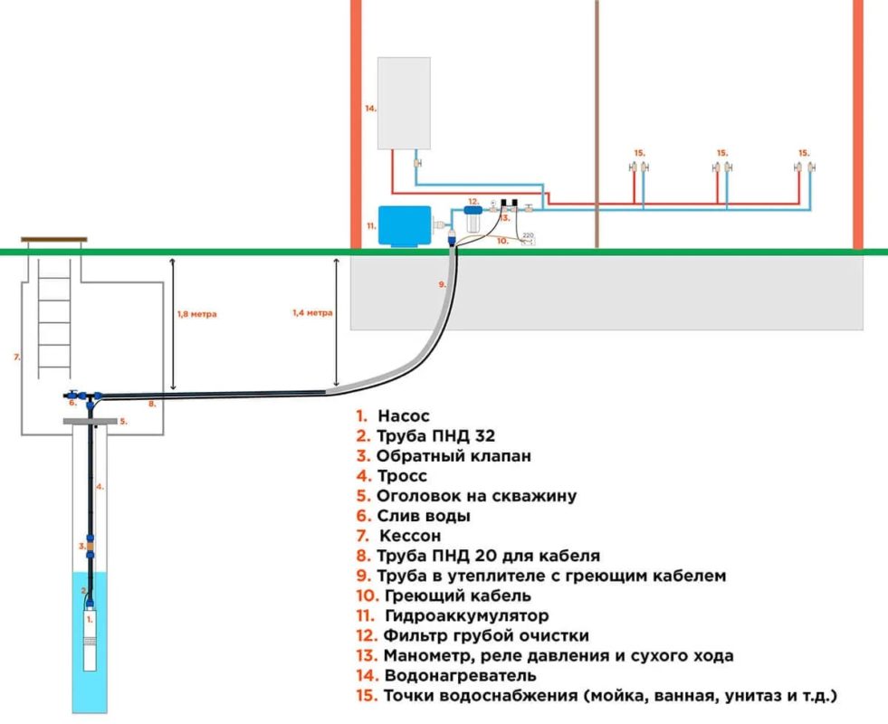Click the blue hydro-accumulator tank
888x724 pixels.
tap(404, 226)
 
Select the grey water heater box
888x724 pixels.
tap(404, 103)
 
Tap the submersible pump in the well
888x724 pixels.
tap(90, 640)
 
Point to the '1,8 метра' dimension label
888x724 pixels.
tap(196, 314)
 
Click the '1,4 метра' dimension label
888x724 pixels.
tap(312, 312)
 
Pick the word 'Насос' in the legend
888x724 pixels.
tap(404, 416)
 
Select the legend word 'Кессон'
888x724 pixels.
tap(410, 536)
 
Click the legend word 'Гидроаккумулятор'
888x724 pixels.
tap(467, 615)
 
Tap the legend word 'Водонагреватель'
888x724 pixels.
tap(460, 675)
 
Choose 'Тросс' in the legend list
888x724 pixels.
tap(402, 476)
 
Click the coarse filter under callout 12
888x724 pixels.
tap(473, 218)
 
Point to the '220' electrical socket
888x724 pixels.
tap(528, 238)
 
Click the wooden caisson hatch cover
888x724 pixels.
tap(53, 240)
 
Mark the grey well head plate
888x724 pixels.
tap(90, 421)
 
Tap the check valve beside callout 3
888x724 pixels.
tap(90, 547)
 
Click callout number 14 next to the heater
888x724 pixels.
tap(370, 108)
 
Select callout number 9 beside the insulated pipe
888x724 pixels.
tap(442, 285)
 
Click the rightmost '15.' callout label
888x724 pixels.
tap(804, 153)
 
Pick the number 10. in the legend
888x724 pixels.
tap(368, 595)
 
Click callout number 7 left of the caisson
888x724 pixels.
tap(17, 357)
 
